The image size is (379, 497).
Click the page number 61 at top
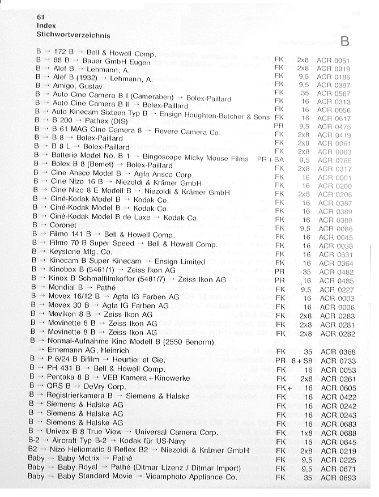coord(41,17)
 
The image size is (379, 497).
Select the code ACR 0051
coord(333,60)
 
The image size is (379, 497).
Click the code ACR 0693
coord(337,478)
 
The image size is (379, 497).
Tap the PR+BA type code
coord(270,159)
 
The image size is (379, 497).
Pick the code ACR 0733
coord(338,360)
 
